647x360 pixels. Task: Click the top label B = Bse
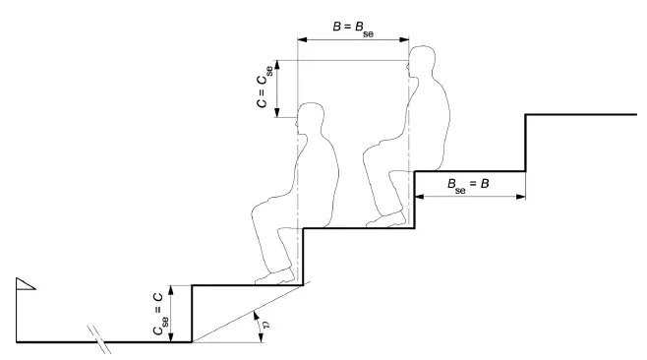[x=353, y=29]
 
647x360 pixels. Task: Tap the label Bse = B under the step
[x=468, y=185]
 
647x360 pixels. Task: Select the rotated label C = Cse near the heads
[x=265, y=87]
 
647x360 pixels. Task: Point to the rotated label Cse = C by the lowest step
[x=160, y=314]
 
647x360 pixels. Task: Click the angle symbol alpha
[x=266, y=326]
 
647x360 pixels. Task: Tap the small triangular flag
[x=26, y=283]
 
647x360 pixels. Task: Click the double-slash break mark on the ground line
[x=99, y=339]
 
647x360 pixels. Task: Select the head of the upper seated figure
[x=421, y=62]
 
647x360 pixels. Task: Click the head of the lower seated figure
[x=310, y=118]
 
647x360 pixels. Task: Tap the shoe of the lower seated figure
[x=274, y=277]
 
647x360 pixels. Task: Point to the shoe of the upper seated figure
[x=385, y=219]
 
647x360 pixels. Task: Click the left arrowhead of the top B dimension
[x=303, y=39]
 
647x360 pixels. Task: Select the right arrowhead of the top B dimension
[x=404, y=39]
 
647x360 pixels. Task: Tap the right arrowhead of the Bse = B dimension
[x=520, y=197]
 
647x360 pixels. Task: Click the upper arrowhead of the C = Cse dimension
[x=277, y=65]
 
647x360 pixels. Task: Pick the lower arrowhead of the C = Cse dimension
[x=277, y=113]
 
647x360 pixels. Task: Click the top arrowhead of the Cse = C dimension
[x=172, y=290]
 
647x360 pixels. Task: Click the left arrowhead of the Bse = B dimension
[x=419, y=197]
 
